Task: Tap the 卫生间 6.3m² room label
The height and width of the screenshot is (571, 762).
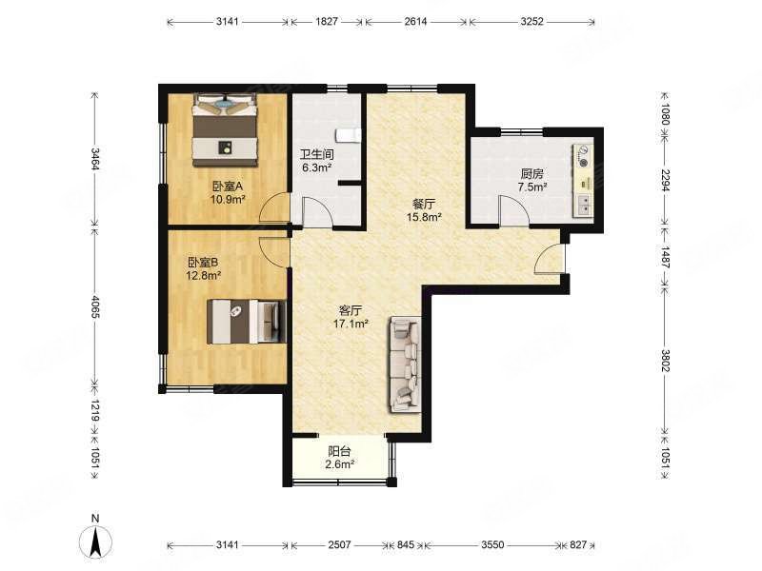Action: point(317,161)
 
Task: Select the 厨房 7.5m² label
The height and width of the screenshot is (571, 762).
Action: point(532,180)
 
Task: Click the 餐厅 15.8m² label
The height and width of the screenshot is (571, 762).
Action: point(424,210)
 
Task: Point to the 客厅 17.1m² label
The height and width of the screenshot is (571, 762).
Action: point(351,317)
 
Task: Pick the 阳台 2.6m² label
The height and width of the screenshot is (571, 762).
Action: point(340,458)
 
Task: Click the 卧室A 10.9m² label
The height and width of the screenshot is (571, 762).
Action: point(227,192)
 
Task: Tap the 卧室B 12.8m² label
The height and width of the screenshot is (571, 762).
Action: point(204,268)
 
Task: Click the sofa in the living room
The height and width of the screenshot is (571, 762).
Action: point(404,364)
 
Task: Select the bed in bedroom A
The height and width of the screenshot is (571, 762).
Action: point(225,129)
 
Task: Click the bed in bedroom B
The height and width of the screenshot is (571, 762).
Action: point(247,322)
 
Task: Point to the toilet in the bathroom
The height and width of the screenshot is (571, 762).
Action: point(349,136)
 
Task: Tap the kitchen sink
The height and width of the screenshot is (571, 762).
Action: point(583,205)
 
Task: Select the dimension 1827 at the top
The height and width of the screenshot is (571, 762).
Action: point(327,21)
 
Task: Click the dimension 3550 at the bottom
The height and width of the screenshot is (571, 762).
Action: point(492,544)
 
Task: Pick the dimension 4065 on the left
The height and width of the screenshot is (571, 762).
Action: point(94,306)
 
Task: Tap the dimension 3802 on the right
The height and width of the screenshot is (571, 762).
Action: point(665,361)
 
